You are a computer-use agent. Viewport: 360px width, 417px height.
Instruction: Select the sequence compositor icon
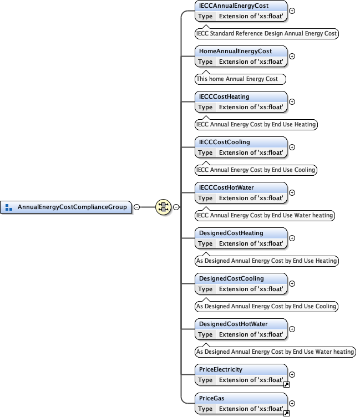pos(163,207)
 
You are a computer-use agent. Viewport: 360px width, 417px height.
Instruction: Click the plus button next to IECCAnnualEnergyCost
pos(292,11)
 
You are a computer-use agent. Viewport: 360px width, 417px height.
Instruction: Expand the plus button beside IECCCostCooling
pos(292,147)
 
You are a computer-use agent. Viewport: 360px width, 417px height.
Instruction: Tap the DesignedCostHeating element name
pos(231,233)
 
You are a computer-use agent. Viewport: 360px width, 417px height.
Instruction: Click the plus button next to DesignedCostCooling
pos(292,283)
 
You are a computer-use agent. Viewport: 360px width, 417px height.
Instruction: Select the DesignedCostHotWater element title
pos(233,324)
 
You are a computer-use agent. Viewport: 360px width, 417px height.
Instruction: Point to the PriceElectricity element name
pos(221,369)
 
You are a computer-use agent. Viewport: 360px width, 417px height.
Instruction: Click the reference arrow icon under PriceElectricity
pos(287,384)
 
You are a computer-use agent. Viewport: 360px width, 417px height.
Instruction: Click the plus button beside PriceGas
pos(292,403)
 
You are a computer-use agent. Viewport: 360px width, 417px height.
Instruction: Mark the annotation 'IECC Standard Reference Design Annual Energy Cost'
pos(266,33)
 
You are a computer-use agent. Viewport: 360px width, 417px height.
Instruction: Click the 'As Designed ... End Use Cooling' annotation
pos(266,306)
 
